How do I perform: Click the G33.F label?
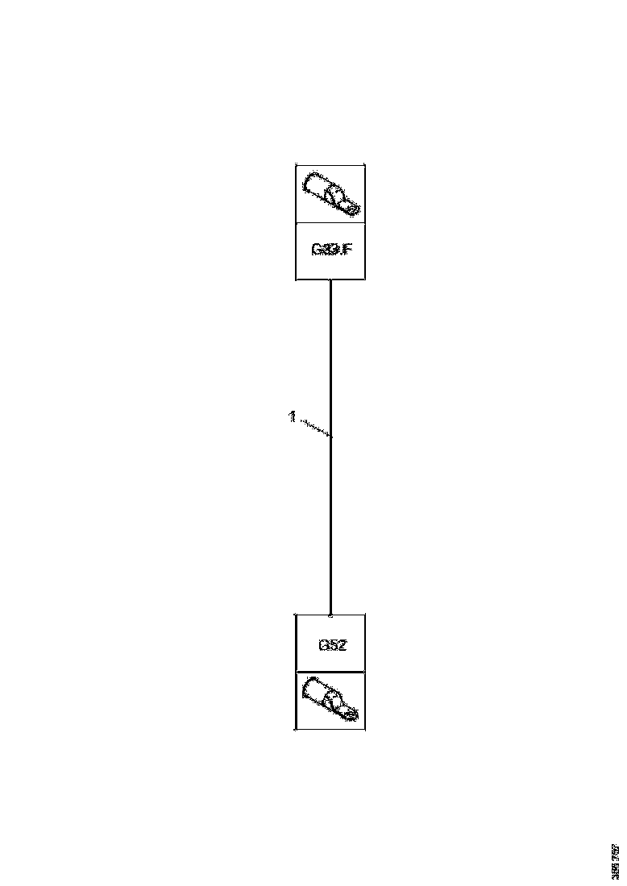pyautogui.click(x=331, y=250)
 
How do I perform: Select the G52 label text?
pyautogui.click(x=331, y=644)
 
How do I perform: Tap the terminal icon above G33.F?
pyautogui.click(x=331, y=194)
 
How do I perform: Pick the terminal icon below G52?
pyautogui.click(x=330, y=699)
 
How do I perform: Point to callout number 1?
pyautogui.click(x=292, y=416)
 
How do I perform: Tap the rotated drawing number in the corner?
pyautogui.click(x=616, y=860)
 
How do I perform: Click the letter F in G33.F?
pyautogui.click(x=347, y=250)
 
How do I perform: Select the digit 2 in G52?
pyautogui.click(x=342, y=644)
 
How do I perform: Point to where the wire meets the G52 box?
pyautogui.click(x=331, y=615)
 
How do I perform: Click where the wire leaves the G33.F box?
pyautogui.click(x=331, y=280)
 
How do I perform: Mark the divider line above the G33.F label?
pyautogui.click(x=331, y=222)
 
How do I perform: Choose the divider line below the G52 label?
pyautogui.click(x=331, y=671)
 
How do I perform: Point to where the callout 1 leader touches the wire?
pyautogui.click(x=331, y=436)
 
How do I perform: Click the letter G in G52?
pyautogui.click(x=322, y=644)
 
